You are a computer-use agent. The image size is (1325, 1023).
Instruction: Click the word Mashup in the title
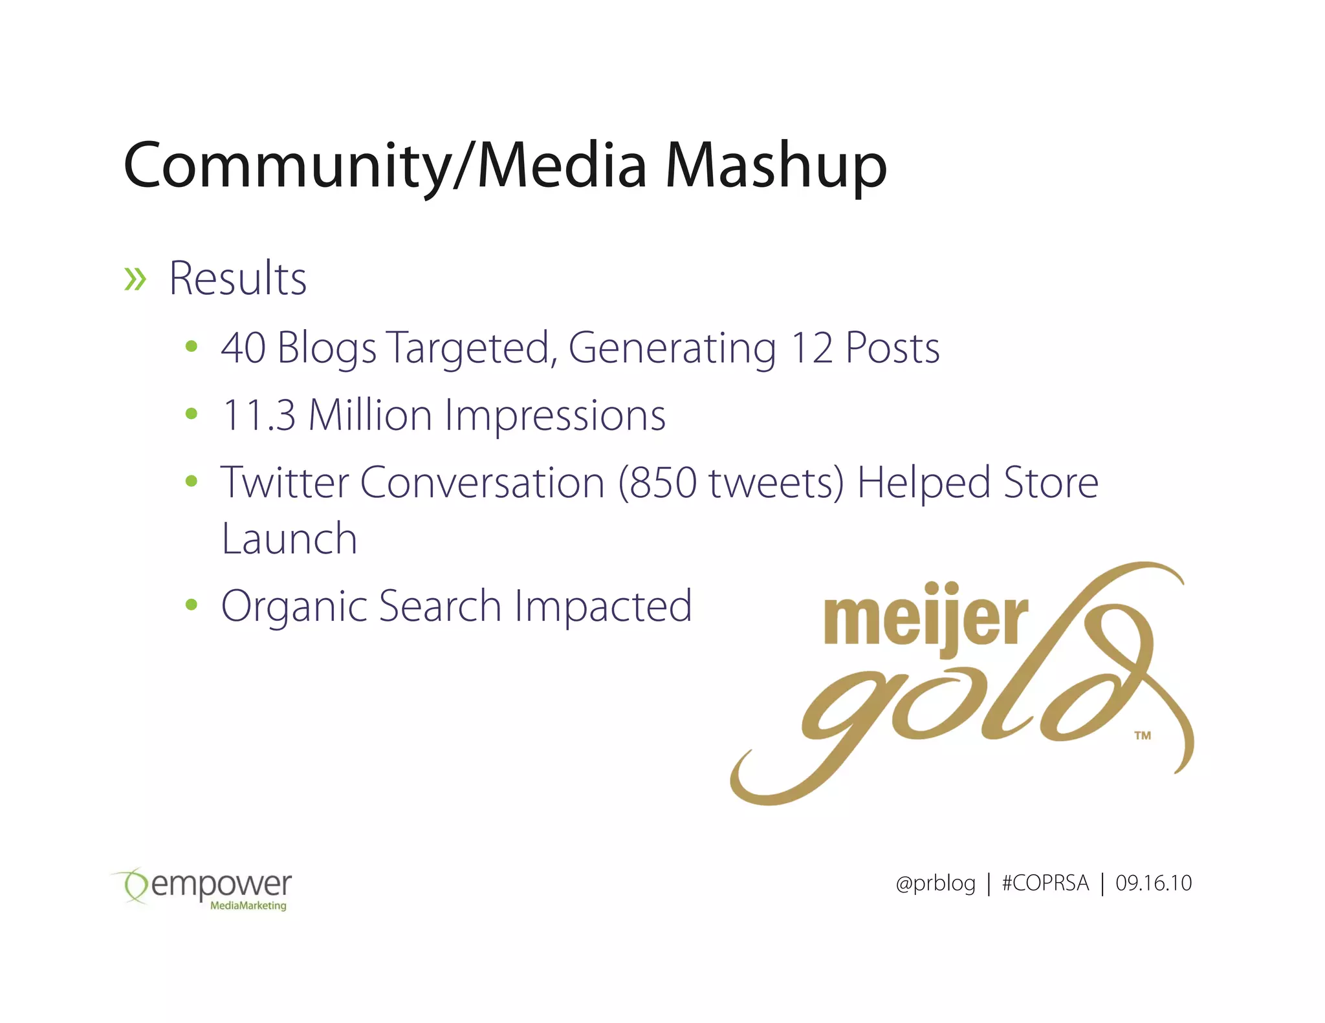(x=776, y=167)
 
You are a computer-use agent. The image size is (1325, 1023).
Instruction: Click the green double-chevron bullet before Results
(x=135, y=279)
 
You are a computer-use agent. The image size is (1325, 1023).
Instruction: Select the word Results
(x=237, y=279)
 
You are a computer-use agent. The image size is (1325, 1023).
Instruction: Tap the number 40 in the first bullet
(x=243, y=349)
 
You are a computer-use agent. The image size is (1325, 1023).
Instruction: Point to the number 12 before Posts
(x=811, y=349)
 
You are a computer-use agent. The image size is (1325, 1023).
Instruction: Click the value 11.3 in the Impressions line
(x=259, y=415)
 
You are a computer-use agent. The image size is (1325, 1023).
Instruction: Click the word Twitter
(x=285, y=482)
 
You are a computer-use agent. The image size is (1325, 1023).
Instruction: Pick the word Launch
(x=289, y=539)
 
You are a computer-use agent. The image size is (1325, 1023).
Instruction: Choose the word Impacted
(x=603, y=607)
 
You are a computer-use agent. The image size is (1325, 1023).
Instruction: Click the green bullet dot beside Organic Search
(x=191, y=605)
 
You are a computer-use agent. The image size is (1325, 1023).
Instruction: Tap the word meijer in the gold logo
(x=925, y=618)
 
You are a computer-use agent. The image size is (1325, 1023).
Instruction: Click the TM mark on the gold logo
(x=1143, y=735)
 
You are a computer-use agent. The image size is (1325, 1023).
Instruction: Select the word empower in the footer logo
(x=222, y=885)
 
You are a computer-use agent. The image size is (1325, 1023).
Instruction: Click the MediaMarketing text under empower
(x=248, y=906)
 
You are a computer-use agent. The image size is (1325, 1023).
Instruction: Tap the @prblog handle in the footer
(x=936, y=883)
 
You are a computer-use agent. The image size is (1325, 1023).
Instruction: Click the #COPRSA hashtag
(x=1045, y=883)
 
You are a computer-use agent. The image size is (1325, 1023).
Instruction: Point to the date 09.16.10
(x=1153, y=883)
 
